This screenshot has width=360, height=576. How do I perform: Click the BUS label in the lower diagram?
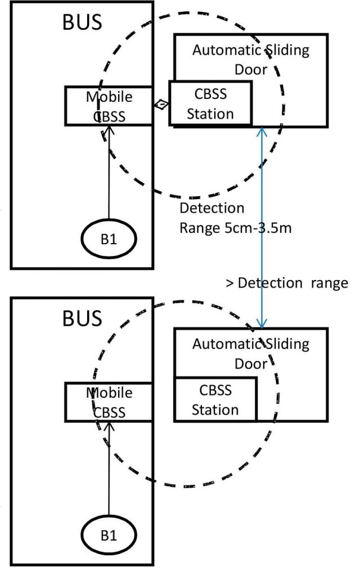pyautogui.click(x=82, y=318)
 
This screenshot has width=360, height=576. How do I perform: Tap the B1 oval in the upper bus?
pyautogui.click(x=109, y=237)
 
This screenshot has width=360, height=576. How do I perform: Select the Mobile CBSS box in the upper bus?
pyautogui.click(x=109, y=106)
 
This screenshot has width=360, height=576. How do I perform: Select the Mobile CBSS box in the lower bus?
pyautogui.click(x=109, y=402)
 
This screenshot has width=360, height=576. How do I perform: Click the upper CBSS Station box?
pyautogui.click(x=210, y=103)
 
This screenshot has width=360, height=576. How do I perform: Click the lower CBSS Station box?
pyautogui.click(x=215, y=399)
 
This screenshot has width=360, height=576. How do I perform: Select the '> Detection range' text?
pyautogui.click(x=286, y=283)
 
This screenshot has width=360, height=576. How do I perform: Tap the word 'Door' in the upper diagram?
pyautogui.click(x=251, y=71)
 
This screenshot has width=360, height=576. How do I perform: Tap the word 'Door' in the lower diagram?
pyautogui.click(x=251, y=364)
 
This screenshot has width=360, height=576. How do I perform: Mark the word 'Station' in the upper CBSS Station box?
pyautogui.click(x=210, y=114)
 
